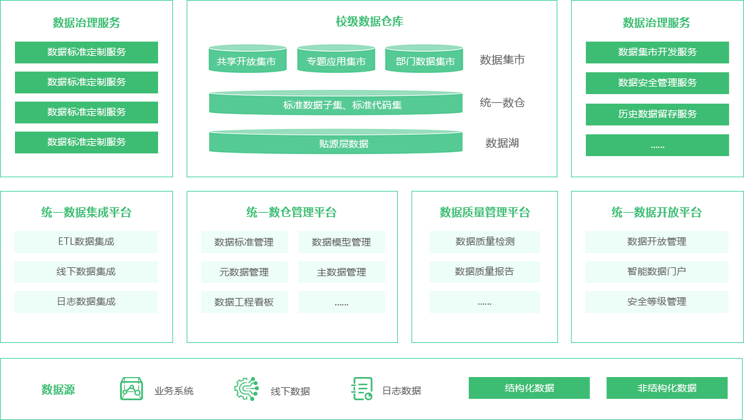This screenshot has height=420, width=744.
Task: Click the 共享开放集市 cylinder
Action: coord(247,59)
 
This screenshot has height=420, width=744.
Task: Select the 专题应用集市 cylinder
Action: coord(336,59)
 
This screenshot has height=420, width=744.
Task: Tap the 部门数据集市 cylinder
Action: coord(424,59)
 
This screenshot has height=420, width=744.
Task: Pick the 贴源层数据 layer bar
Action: coord(336,142)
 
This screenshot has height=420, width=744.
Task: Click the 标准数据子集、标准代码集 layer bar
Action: coord(336,103)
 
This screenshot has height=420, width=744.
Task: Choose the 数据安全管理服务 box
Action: coord(657,82)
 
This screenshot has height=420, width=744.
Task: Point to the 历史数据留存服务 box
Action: coord(657,114)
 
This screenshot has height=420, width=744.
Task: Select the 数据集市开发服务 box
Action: coord(657,52)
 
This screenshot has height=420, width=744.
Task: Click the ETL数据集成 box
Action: coord(86,241)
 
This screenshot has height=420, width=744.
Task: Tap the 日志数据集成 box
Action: coord(86,301)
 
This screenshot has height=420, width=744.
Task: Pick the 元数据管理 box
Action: coord(244,272)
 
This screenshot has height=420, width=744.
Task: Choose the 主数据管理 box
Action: coord(341,272)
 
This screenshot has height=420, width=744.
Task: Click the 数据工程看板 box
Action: coord(244,302)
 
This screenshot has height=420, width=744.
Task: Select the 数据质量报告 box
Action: coord(484,271)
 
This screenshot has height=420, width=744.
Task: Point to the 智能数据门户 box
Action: coord(657,271)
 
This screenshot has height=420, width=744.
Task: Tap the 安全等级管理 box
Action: coord(657,301)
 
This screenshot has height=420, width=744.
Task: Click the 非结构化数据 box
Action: coord(666,388)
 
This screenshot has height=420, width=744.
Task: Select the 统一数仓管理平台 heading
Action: coord(292,213)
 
